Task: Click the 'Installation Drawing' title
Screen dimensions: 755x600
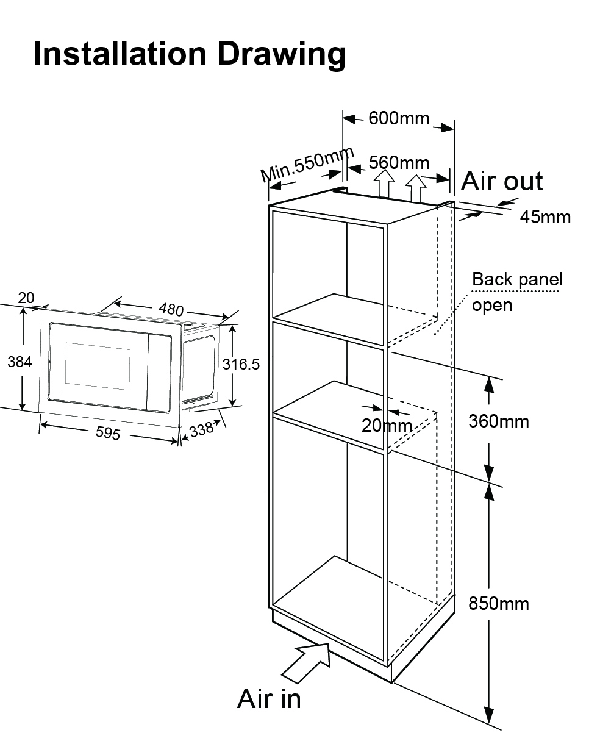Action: [x=190, y=54]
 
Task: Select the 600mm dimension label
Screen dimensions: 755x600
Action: [x=399, y=118]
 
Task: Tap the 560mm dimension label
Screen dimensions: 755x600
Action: [x=399, y=163]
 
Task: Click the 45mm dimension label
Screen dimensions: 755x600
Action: [x=545, y=216]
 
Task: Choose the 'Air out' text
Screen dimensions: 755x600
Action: [x=501, y=181]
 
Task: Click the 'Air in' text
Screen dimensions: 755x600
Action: [x=269, y=698]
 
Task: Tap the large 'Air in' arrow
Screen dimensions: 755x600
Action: [x=307, y=664]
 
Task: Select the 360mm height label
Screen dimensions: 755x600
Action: [x=498, y=421]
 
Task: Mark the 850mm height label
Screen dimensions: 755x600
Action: [x=498, y=603]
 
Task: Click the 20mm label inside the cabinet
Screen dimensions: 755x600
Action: [x=387, y=425]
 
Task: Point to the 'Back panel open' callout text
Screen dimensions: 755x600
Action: [x=517, y=292]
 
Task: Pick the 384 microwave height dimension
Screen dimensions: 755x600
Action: [x=20, y=362]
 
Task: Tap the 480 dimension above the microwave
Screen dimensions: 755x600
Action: [x=171, y=310]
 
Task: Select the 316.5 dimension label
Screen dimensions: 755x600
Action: [x=241, y=364]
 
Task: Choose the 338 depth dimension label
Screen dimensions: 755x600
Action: [x=201, y=429]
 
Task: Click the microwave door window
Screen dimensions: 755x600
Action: [x=98, y=366]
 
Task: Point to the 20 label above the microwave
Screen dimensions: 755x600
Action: [x=26, y=298]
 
